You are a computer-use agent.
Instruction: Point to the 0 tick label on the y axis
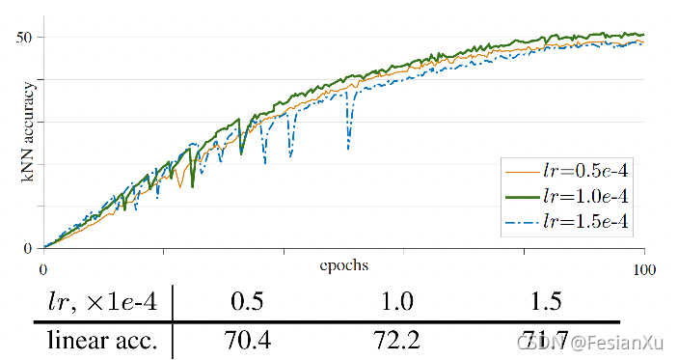click(27, 248)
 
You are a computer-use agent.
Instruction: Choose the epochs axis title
click(343, 263)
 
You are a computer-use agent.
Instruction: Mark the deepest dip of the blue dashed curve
click(348, 148)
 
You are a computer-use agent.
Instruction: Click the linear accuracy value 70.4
click(248, 342)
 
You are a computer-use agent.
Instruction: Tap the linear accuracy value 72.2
click(396, 342)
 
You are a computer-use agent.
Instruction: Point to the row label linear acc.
click(102, 342)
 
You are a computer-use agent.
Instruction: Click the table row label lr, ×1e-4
click(96, 301)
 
